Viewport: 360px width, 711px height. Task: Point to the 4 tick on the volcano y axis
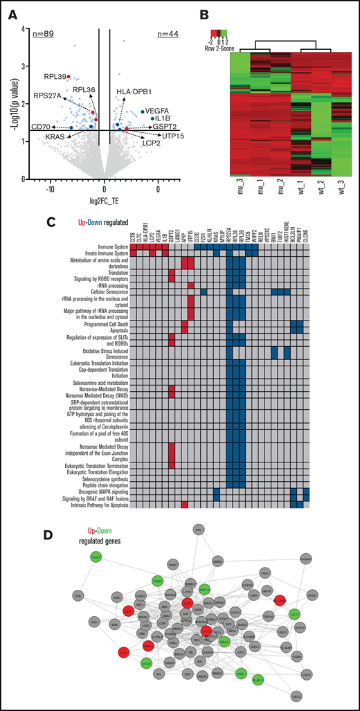(23, 29)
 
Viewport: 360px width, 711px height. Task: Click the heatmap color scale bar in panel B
(219, 32)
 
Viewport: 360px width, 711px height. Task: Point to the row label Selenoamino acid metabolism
(89, 382)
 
